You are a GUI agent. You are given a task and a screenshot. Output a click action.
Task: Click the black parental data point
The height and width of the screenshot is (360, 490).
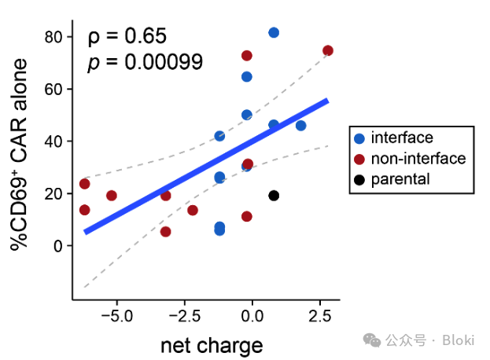point(274,196)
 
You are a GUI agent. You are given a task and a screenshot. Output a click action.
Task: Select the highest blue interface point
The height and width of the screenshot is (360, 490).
point(274,32)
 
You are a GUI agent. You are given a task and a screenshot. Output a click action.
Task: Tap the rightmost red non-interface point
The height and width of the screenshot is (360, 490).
point(328,50)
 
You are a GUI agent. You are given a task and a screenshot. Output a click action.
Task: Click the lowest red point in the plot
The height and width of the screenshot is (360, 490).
point(165,231)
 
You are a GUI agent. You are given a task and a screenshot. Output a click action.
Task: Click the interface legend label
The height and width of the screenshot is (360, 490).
point(402,138)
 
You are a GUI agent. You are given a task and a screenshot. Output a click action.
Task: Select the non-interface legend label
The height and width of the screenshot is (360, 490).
point(418,159)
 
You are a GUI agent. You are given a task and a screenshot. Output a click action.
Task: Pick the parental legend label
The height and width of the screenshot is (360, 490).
point(400,179)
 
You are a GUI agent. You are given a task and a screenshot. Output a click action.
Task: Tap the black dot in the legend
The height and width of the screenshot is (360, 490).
point(359,179)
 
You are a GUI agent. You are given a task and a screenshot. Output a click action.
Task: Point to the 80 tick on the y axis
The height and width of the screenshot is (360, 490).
point(53,37)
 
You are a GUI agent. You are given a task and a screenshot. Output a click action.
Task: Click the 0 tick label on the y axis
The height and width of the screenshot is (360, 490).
point(58,246)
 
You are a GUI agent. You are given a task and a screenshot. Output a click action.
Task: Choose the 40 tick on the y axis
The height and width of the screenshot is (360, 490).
point(53,141)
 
